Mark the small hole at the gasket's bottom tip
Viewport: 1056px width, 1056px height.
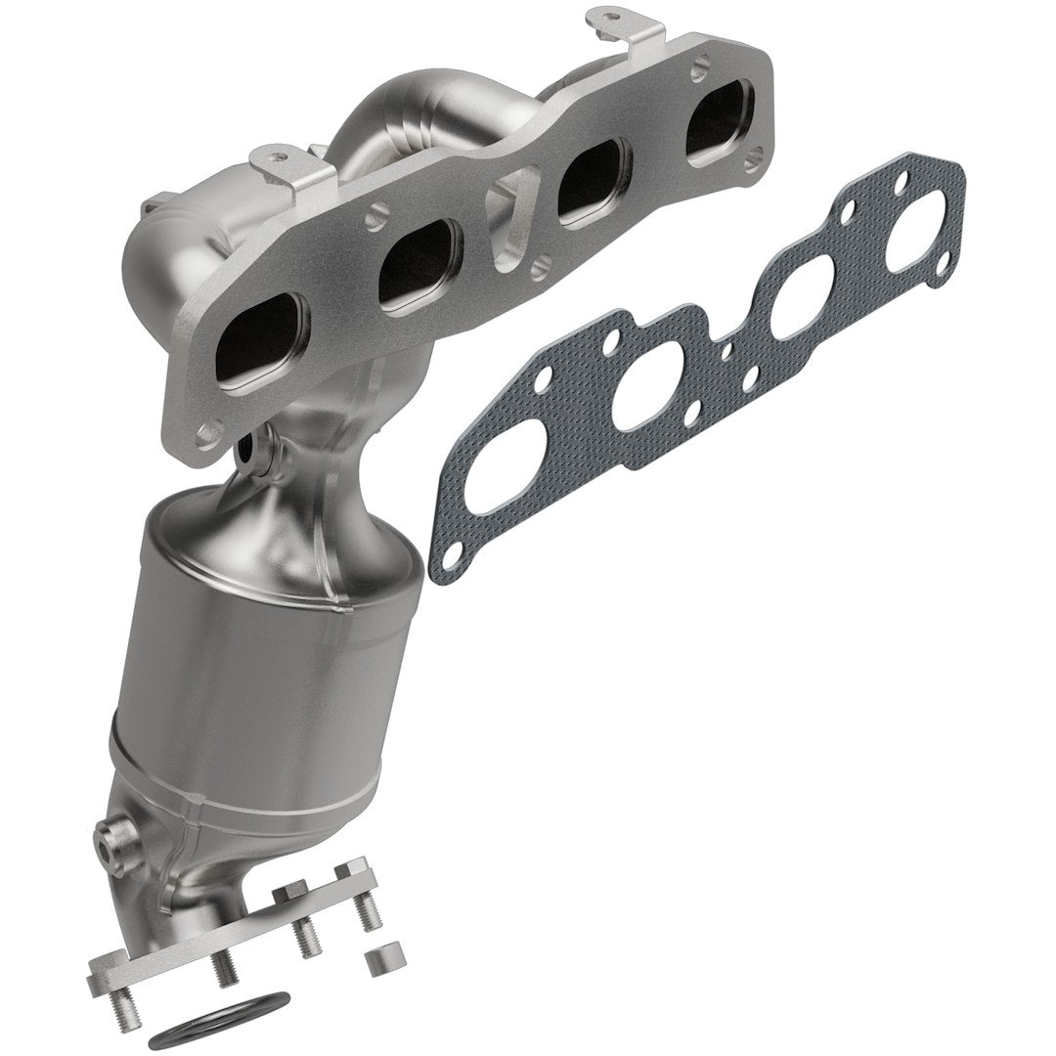pos(449,556)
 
